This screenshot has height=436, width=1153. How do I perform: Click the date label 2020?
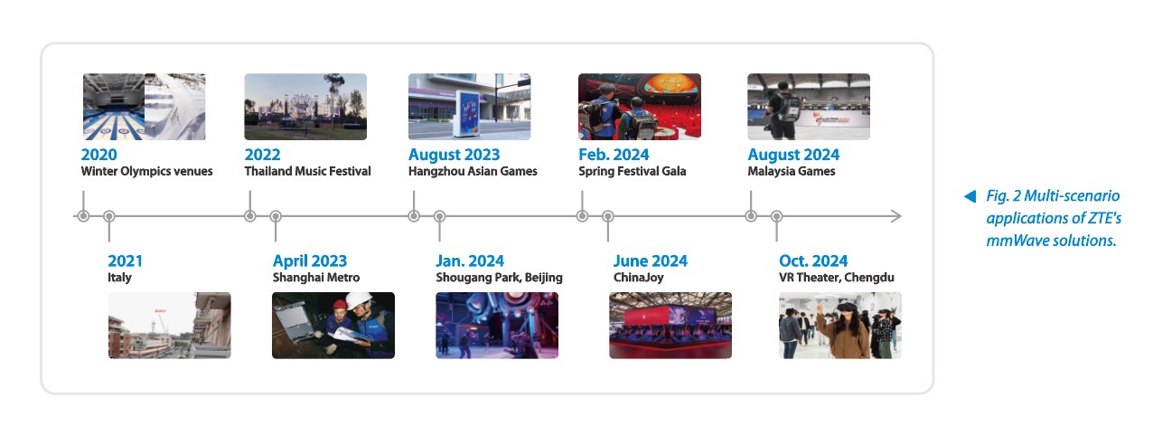98,154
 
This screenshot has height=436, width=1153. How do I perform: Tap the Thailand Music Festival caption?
307,171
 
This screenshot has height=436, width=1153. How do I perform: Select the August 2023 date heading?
454,154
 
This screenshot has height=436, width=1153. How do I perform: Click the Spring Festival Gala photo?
639,107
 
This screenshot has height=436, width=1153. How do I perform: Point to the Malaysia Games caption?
792,171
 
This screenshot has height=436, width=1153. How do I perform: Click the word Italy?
119,278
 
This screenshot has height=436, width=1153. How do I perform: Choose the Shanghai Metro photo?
333,326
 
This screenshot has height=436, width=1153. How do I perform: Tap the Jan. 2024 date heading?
470,261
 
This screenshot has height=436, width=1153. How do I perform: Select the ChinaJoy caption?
638,278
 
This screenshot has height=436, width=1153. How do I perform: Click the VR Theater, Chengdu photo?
840,326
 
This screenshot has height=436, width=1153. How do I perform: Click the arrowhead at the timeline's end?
896,216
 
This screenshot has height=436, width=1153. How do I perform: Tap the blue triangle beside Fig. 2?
970,196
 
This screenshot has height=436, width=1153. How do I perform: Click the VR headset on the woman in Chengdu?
846,308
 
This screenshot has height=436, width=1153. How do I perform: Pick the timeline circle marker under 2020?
83,216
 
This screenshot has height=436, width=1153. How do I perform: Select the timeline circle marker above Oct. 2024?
777,216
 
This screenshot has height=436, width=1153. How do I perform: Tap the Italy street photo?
169,326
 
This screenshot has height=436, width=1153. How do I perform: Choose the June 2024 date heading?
650,261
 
